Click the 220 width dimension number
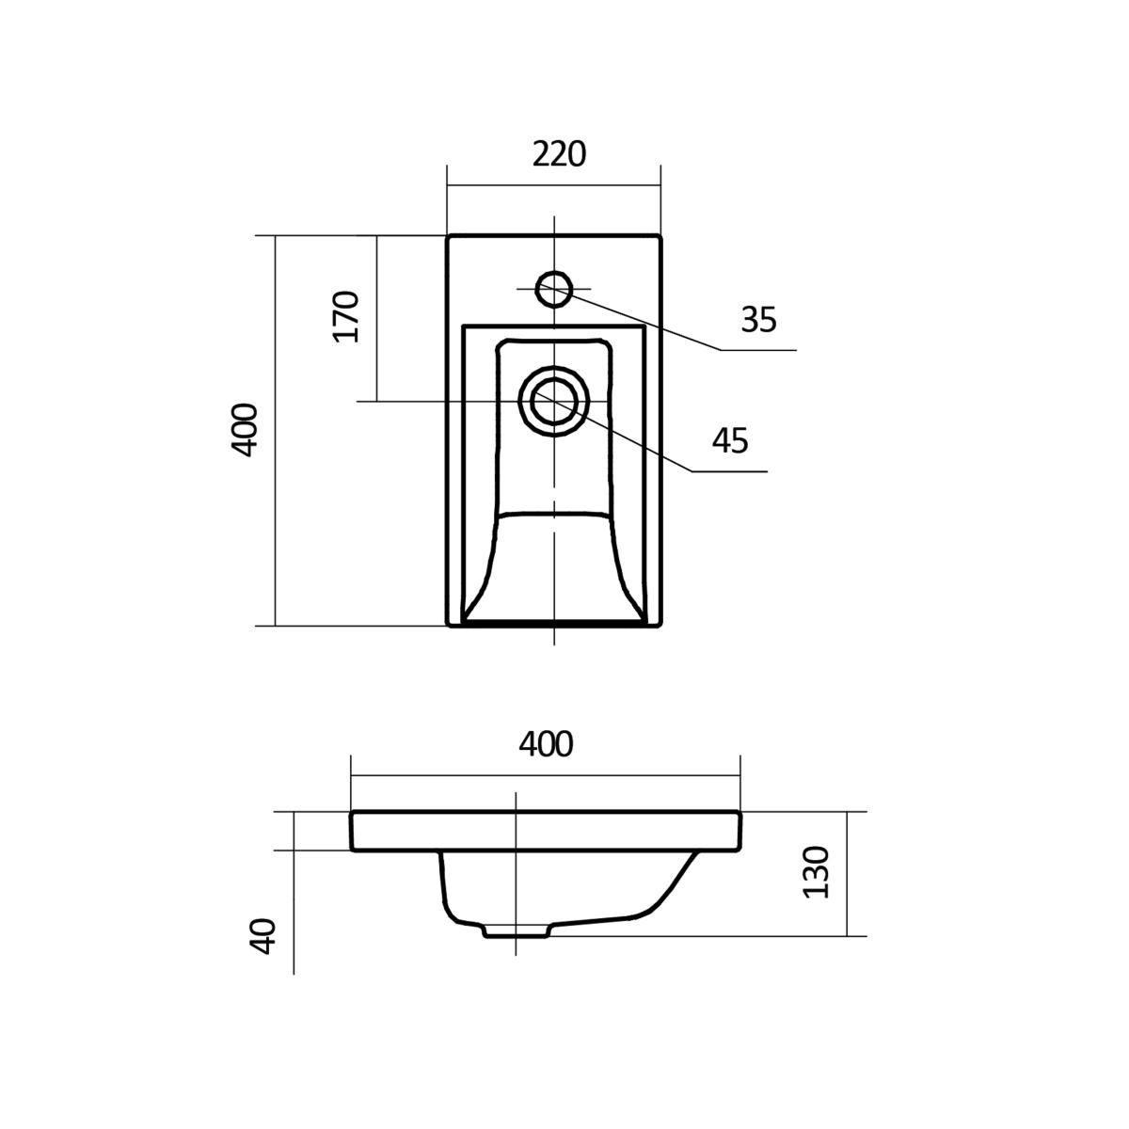[x=559, y=154]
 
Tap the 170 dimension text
[x=345, y=316]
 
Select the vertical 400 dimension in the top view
[x=244, y=430]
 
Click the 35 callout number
[x=758, y=319]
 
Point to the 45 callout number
[x=730, y=440]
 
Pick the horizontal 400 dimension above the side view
[x=546, y=744]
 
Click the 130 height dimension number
[x=816, y=872]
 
